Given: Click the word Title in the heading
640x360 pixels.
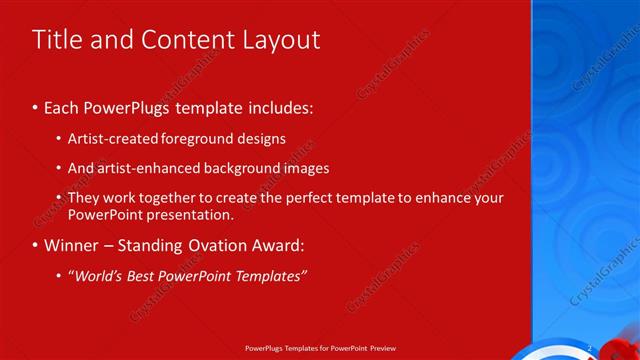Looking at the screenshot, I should tap(58, 40).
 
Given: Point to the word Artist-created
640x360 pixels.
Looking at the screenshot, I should tap(108, 139).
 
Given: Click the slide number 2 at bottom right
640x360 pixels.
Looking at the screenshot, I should tap(590, 348).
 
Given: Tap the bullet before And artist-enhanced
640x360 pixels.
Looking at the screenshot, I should tap(59, 169).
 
